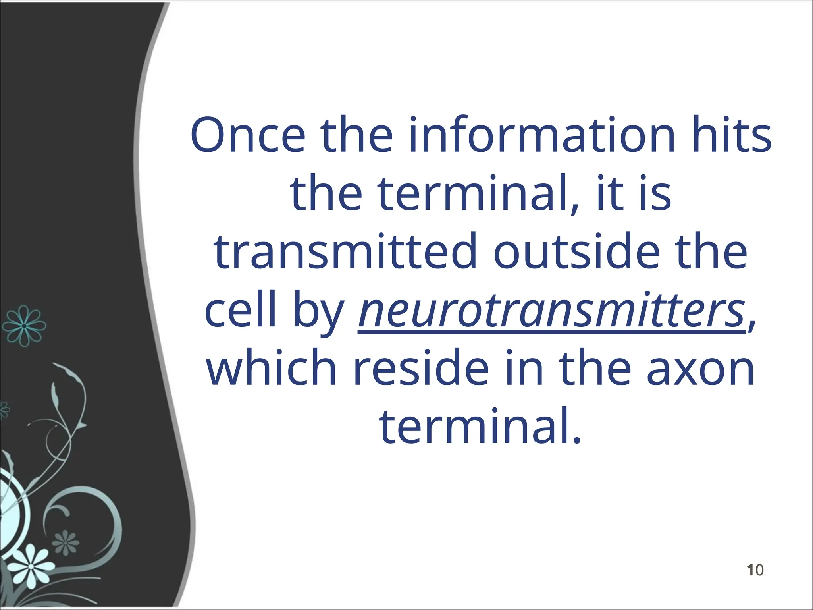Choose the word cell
click(240, 310)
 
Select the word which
click(272, 369)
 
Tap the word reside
click(421, 369)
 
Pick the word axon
click(700, 369)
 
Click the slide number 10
click(755, 570)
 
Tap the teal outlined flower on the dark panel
click(24, 326)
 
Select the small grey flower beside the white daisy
click(66, 542)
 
